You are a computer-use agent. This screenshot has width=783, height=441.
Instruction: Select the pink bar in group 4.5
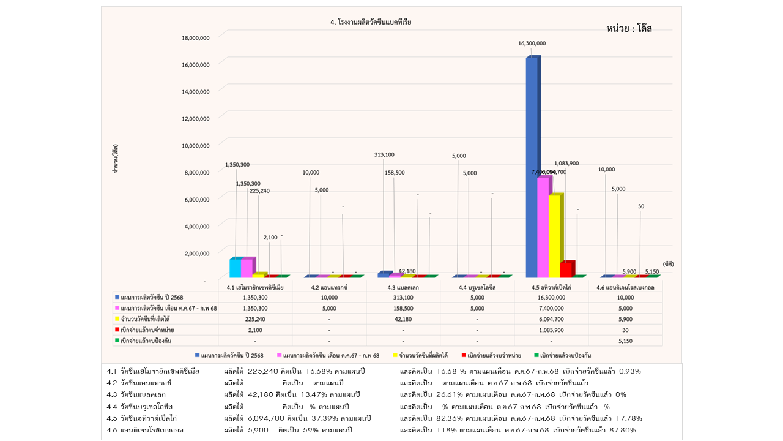[543, 227]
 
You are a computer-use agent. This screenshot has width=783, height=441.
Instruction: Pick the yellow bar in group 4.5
[555, 236]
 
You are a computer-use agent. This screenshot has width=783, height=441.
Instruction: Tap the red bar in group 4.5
[566, 269]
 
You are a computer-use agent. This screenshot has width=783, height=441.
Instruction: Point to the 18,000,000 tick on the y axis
[196, 38]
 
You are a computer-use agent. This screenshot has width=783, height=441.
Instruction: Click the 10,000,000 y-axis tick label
[196, 145]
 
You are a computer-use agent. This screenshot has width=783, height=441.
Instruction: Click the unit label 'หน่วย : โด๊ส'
[629, 29]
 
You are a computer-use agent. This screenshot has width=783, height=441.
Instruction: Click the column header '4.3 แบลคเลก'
[403, 286]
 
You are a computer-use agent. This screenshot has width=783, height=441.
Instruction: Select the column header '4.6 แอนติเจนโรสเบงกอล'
[625, 286]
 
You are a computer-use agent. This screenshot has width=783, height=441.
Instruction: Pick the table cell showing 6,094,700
[551, 319]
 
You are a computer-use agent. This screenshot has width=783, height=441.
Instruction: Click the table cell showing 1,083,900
[551, 330]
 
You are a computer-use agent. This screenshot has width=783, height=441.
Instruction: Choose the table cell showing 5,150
[625, 340]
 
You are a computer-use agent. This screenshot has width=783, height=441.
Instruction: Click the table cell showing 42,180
[403, 319]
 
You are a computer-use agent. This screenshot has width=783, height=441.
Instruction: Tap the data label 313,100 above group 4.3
[384, 154]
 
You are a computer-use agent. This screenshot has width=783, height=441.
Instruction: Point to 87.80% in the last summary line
[623, 430]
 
